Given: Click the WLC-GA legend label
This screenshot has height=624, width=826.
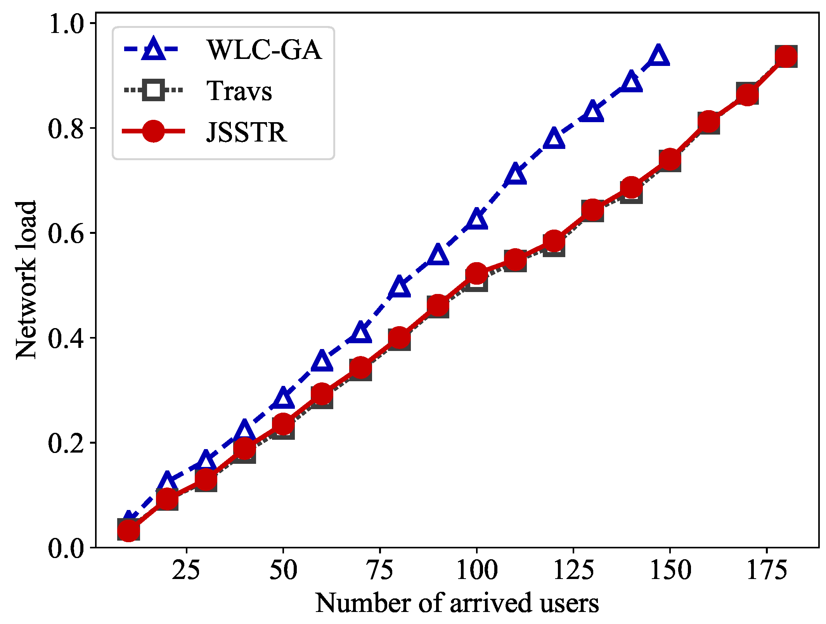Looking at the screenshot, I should (264, 50).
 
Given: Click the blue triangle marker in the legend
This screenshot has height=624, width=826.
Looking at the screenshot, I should (154, 49).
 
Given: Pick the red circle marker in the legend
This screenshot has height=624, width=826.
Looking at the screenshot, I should (154, 131).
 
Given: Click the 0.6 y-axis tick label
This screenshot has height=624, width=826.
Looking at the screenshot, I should (66, 233).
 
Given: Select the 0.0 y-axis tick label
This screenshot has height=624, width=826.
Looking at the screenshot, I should (66, 548).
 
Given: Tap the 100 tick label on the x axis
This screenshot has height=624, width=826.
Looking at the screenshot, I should (476, 570).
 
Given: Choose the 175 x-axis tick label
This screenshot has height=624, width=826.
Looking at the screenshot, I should (767, 570).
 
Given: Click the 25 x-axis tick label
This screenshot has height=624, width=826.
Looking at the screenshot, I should (186, 570).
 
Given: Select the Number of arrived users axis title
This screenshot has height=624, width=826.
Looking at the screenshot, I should (457, 603).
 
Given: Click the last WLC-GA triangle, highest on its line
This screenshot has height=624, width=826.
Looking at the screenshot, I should (658, 55).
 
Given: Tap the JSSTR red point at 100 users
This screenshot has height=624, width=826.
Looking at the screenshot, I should (476, 273).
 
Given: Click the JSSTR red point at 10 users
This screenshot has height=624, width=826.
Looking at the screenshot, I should (128, 530).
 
